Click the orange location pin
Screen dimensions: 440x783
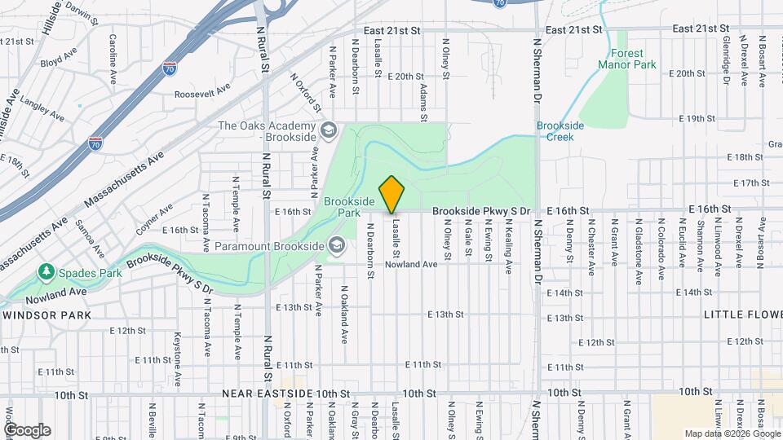tap(392, 195)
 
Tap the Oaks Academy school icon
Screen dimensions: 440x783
tap(328, 130)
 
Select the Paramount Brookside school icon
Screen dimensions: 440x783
tap(335, 244)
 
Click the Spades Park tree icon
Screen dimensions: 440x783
tap(47, 272)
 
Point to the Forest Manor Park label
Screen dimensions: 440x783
tap(626, 59)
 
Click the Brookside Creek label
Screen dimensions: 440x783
tap(555, 131)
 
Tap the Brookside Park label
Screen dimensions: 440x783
tap(348, 206)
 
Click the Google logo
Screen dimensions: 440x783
tap(27, 430)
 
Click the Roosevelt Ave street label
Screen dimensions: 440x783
tap(204, 94)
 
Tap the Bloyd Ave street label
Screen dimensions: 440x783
tap(57, 60)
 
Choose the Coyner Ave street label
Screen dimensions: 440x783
tap(153, 219)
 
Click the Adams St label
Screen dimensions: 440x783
tap(423, 102)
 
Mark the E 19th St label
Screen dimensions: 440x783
tap(697, 119)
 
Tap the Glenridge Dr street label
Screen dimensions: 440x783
tap(724, 56)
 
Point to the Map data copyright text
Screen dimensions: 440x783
tap(731, 433)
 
